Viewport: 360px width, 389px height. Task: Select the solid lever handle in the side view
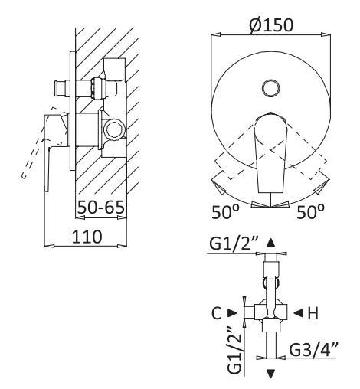coord(54,145)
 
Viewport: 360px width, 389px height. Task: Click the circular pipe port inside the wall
coord(115,128)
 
